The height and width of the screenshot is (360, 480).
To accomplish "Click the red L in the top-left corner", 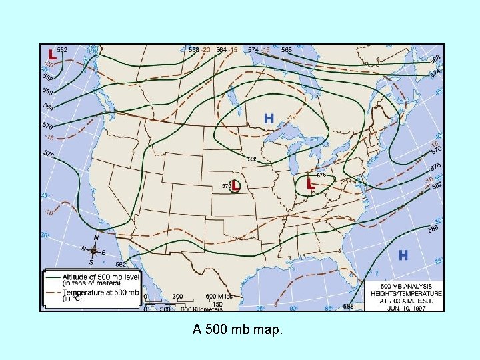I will point(51,53).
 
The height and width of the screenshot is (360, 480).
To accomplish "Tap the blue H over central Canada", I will point(269,119).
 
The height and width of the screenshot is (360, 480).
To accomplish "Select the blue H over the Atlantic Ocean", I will point(403,255).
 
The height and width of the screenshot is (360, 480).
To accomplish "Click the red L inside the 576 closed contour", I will point(310,183).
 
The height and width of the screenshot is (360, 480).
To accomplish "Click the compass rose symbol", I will point(94,251).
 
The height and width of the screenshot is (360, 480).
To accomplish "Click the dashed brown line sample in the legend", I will point(52,292).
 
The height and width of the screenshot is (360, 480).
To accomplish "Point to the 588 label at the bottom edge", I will point(348,306).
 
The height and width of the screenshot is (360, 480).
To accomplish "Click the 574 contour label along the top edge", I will point(253,49).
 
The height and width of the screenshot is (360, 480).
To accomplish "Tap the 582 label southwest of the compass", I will point(113,265).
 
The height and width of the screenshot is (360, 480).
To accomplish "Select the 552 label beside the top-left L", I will point(62,50).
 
